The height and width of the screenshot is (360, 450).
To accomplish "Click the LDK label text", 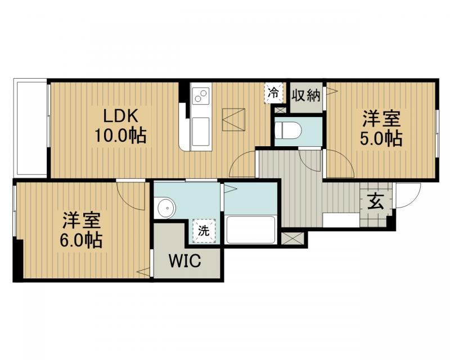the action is tap(120, 116).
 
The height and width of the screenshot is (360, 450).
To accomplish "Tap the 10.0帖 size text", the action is tap(120, 135).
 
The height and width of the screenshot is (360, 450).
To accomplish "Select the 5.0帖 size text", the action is tap(381, 139).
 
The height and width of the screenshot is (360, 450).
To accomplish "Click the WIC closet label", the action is tap(185, 261).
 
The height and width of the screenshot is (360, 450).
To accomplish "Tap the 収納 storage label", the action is tap(306, 95).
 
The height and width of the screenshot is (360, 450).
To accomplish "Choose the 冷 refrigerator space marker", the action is tap(273, 92).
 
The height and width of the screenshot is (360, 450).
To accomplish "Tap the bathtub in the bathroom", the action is tap(250, 229).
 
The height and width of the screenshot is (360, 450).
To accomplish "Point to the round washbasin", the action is tap(165, 208).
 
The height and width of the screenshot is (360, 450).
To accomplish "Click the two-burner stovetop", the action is tap(201, 96).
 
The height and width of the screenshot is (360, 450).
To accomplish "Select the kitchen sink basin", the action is tap(200, 132).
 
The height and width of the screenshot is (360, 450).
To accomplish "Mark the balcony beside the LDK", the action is tap(31, 128).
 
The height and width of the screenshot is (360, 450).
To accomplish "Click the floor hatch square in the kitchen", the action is tap(233, 119).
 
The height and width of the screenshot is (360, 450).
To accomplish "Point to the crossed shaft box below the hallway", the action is tap(292, 239).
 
